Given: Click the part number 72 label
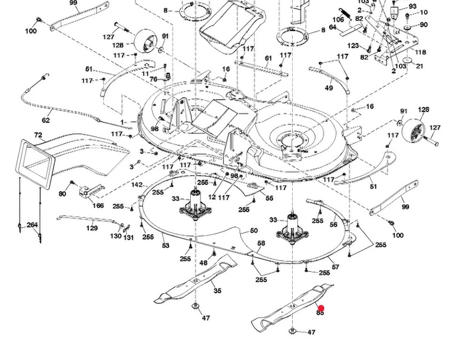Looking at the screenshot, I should click(38, 136).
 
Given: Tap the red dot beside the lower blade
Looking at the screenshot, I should click(321, 308).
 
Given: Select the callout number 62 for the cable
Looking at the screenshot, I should click(46, 120).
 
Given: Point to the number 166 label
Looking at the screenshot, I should click(98, 206).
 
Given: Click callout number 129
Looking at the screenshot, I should click(92, 228).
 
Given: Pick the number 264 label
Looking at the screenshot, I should click(32, 225).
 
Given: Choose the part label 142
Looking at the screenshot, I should click(137, 185).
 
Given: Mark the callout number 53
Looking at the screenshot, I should click(166, 246).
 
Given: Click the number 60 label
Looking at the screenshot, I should click(253, 231).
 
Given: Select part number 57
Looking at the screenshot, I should click(336, 267).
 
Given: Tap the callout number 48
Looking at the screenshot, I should click(204, 263).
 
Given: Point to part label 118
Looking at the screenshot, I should click(421, 52).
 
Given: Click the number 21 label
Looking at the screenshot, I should click(420, 66).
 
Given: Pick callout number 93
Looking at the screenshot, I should click(412, 6).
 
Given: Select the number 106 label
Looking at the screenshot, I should click(338, 20).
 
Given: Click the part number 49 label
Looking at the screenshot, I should click(329, 88).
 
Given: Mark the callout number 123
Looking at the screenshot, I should click(353, 46).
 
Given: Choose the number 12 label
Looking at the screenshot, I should click(212, 197).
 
